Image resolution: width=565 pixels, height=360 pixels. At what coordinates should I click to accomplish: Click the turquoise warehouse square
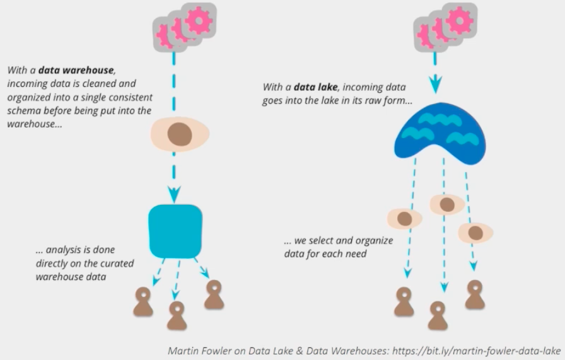pyautogui.click(x=175, y=231)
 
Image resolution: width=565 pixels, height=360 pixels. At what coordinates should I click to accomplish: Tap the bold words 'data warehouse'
pyautogui.click(x=77, y=71)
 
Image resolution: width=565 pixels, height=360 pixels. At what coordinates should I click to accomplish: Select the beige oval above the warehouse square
pyautogui.click(x=180, y=134)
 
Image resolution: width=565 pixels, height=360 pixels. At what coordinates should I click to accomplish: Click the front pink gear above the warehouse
pyautogui.click(x=200, y=21)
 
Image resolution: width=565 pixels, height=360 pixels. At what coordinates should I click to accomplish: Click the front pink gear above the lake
pyautogui.click(x=460, y=21)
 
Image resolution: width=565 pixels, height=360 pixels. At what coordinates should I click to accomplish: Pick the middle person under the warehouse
pyautogui.click(x=177, y=315)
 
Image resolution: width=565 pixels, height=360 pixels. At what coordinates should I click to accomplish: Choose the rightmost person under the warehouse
pyautogui.click(x=214, y=294)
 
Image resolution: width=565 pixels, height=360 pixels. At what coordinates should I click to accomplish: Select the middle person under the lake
pyautogui.click(x=438, y=315)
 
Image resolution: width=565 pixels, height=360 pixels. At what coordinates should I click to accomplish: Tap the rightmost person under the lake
pyautogui.click(x=475, y=294)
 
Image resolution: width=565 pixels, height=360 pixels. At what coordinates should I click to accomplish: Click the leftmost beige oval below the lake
pyautogui.click(x=404, y=219)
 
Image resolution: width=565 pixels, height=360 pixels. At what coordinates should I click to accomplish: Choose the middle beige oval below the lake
pyautogui.click(x=447, y=204)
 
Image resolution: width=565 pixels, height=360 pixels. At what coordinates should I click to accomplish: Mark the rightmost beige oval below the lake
pyautogui.click(x=475, y=233)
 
